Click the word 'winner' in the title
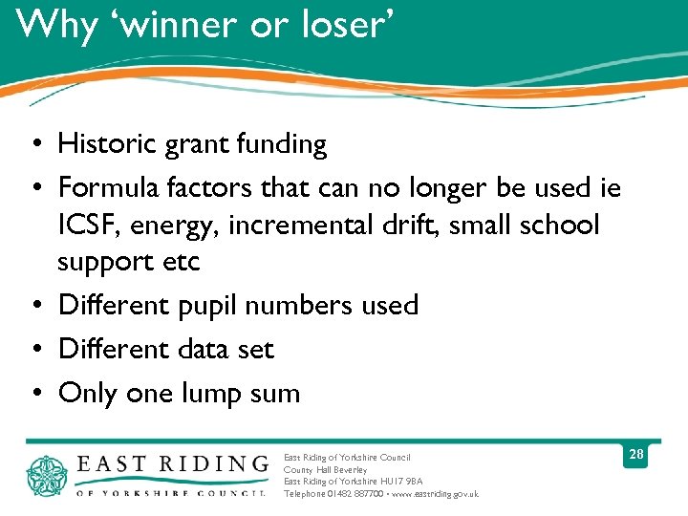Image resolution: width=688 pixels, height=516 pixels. click(187, 25)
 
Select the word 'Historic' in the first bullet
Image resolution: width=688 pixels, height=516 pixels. click(109, 144)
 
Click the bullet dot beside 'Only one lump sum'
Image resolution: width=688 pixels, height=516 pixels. click(34, 393)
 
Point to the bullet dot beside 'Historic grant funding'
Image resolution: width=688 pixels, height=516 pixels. click(34, 144)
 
